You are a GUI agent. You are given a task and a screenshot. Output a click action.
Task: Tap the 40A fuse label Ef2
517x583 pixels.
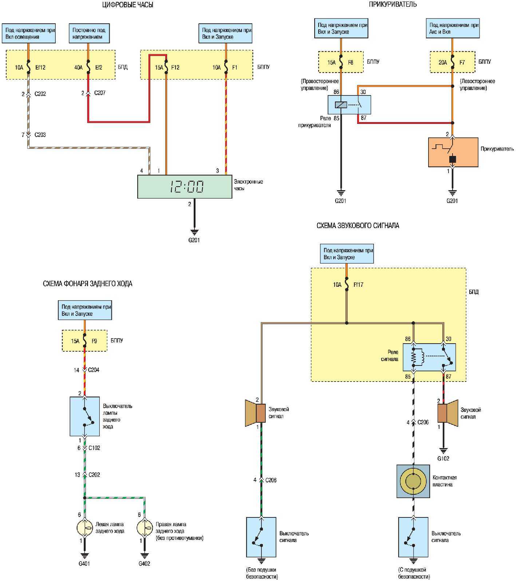click(x=99, y=67)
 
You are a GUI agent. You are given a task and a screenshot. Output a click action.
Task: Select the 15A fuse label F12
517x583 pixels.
click(x=175, y=67)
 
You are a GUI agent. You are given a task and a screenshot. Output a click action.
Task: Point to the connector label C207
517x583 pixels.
click(x=100, y=93)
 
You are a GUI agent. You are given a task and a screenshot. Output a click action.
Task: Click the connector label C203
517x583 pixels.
click(x=40, y=135)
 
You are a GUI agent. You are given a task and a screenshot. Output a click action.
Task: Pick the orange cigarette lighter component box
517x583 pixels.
click(x=453, y=152)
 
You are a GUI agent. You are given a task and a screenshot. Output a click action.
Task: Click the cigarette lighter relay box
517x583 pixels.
click(x=349, y=105)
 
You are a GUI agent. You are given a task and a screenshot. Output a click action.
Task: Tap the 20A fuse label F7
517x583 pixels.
click(x=462, y=62)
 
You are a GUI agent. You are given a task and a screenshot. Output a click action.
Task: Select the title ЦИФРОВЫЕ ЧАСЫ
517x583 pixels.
click(x=128, y=5)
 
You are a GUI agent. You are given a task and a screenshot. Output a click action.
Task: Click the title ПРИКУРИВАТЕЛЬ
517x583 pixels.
click(x=392, y=4)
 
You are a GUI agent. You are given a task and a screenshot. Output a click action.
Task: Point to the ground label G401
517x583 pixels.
click(x=84, y=563)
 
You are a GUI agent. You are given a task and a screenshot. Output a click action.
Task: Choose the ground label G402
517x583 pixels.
click(x=144, y=563)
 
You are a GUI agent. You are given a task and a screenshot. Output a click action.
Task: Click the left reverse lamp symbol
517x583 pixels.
click(x=84, y=528)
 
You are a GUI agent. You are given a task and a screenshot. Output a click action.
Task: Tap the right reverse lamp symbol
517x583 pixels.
click(x=145, y=528)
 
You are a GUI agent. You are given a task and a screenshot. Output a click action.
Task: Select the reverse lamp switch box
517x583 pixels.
click(x=84, y=416)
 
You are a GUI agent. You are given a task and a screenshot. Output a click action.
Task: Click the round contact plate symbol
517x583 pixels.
click(x=413, y=481)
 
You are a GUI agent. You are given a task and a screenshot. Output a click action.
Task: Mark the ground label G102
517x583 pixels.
click(x=443, y=458)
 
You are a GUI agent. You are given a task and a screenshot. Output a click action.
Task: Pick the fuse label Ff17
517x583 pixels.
click(x=358, y=285)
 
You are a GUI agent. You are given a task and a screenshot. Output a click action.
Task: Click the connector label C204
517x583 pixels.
click(x=94, y=370)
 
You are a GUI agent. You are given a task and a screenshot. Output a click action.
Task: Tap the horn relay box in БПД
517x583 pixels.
click(x=429, y=357)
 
